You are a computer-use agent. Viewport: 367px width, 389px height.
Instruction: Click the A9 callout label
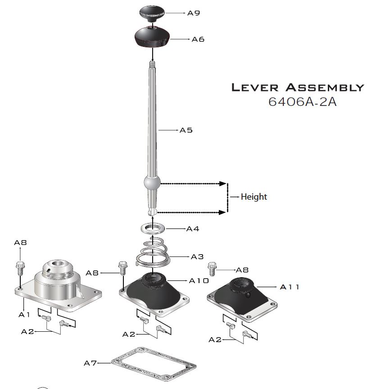[x=194, y=13]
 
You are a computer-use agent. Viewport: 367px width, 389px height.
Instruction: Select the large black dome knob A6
[x=152, y=37]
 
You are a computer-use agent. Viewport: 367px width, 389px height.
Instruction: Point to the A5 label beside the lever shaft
[x=186, y=130]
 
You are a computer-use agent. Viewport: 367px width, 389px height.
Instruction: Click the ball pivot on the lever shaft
[x=152, y=183]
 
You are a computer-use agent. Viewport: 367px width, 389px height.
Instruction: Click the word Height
[x=254, y=197]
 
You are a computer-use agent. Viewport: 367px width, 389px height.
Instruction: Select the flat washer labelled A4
[x=153, y=229]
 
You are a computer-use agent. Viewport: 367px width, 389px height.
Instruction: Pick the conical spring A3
[x=153, y=252]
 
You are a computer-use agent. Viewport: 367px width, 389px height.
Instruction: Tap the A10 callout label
[x=199, y=280]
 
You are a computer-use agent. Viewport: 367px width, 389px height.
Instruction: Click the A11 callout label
[x=290, y=287]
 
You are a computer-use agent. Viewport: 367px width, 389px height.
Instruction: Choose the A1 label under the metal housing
[x=24, y=315]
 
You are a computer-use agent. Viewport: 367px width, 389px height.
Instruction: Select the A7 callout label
[x=90, y=363]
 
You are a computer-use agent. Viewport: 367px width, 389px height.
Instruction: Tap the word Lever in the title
[x=255, y=87]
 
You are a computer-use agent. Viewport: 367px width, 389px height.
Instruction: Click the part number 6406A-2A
[x=302, y=102]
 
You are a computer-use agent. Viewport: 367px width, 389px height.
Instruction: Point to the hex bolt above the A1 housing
[x=20, y=268]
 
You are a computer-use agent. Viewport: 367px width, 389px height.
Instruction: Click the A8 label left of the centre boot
[x=92, y=273]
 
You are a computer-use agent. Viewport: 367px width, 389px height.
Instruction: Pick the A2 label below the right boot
[x=215, y=339]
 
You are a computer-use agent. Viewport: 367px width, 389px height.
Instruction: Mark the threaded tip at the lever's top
[x=152, y=65]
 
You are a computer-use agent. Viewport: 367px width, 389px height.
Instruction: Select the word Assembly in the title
[x=325, y=87]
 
